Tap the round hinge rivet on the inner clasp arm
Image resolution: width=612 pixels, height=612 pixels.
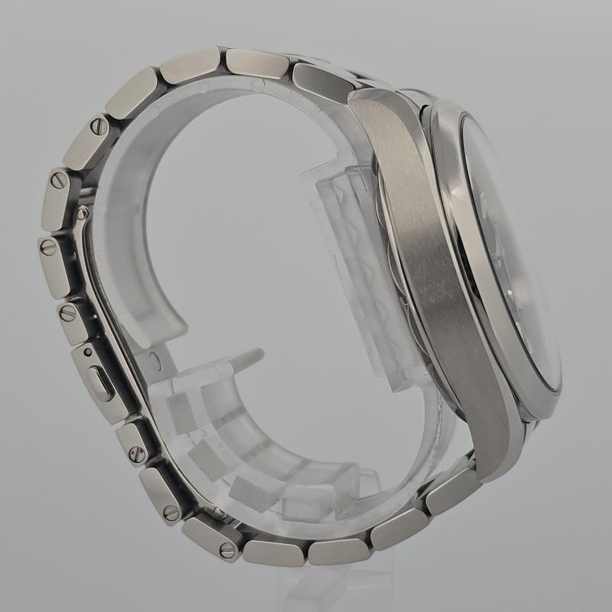point(82,212)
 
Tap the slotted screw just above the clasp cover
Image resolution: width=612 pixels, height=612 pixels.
point(68,311)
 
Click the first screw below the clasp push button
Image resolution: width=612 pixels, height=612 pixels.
point(138,453)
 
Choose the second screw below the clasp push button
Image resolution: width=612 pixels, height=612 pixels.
point(171,512)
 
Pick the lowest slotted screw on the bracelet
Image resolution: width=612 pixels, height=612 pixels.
point(227,549)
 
